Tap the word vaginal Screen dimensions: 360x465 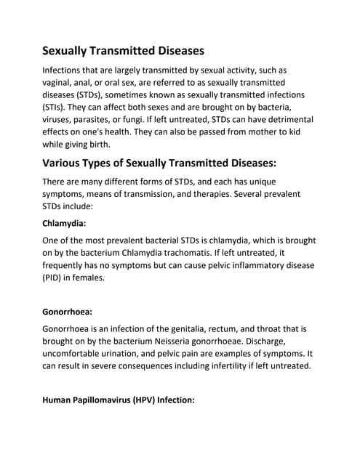coord(60,83)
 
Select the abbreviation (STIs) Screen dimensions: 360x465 coord(56,109)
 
